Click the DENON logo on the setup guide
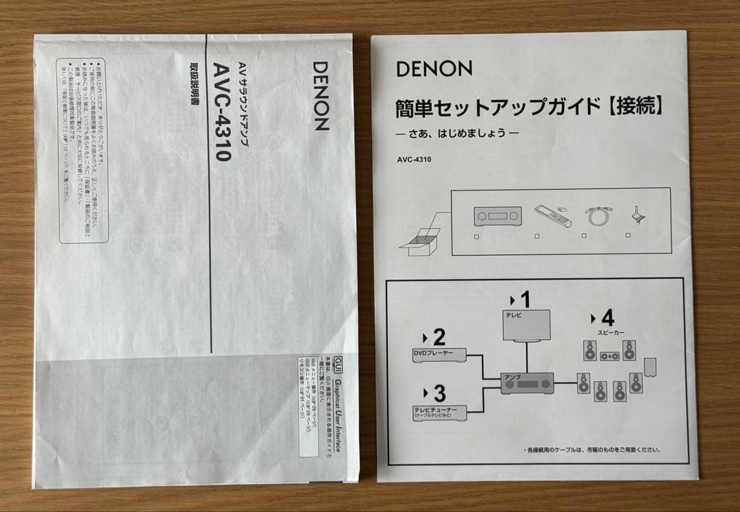coord(433,69)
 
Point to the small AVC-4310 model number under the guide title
coord(413,162)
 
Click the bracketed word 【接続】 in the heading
coord(635,106)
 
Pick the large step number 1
coord(524,300)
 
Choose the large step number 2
coord(439,337)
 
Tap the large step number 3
coord(439,393)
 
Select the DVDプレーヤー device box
coord(439,354)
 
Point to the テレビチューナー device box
coord(439,411)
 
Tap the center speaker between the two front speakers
coord(609,356)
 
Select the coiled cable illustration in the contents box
coord(593,217)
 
